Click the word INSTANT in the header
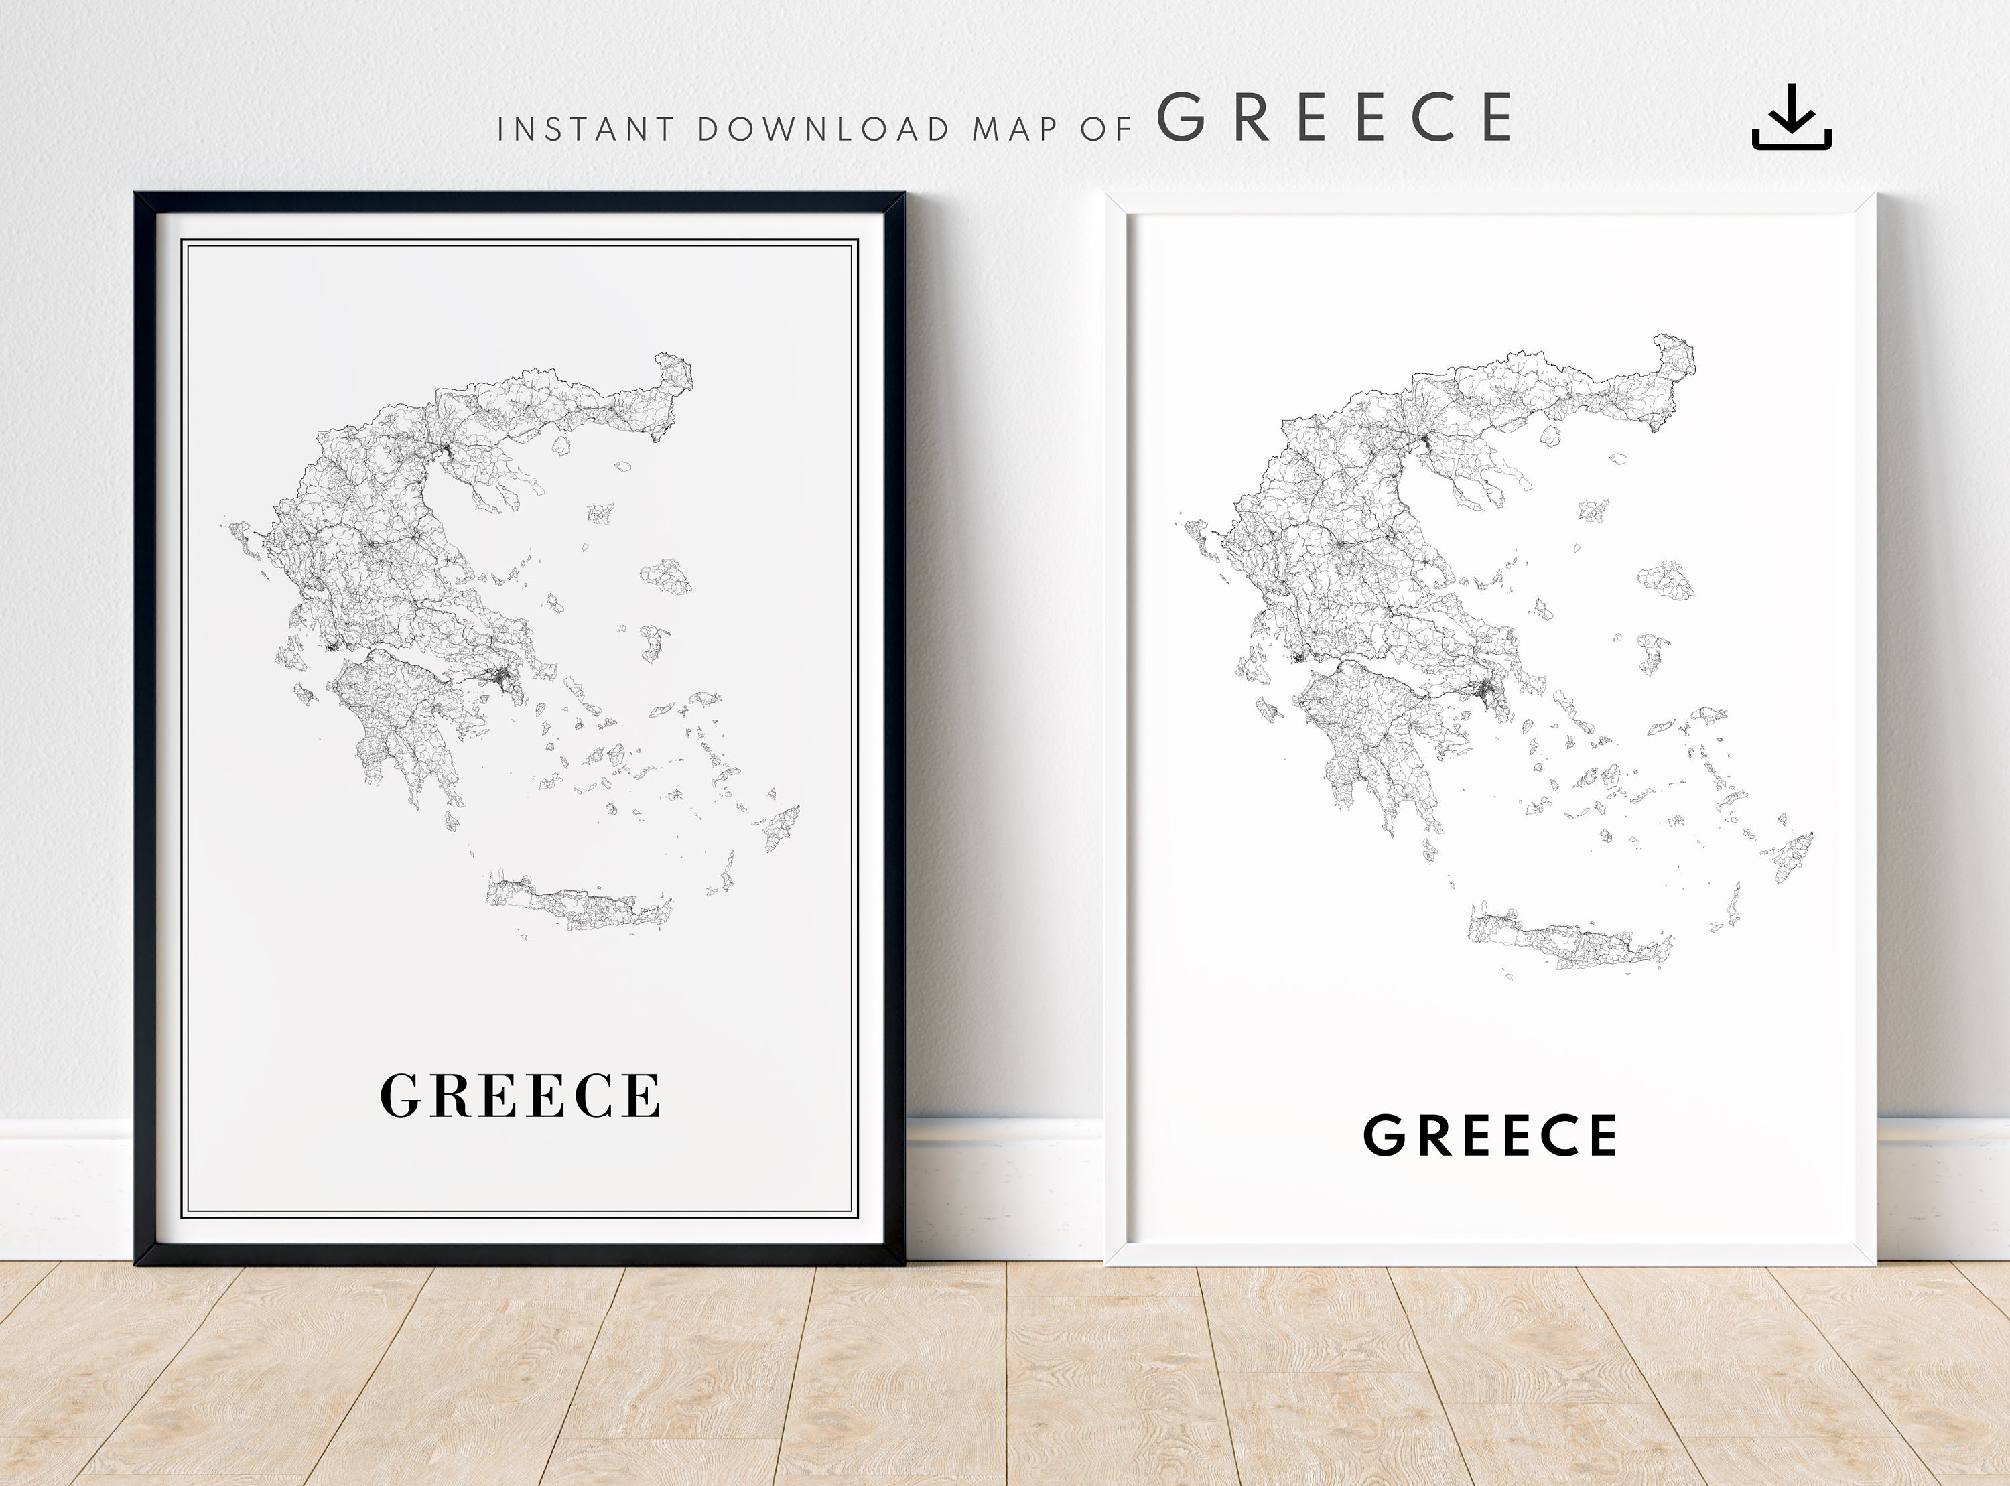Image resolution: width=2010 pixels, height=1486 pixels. tap(586, 129)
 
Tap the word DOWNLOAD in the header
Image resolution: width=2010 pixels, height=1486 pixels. tap(823, 129)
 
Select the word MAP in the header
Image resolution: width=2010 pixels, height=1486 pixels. tap(1014, 129)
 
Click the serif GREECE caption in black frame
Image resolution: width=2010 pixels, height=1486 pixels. tap(521, 1095)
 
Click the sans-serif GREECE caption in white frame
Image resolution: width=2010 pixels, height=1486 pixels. tap(1490, 1135)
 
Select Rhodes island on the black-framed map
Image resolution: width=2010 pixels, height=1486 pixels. tap(781, 827)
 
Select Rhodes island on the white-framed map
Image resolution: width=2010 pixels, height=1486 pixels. tap(1792, 856)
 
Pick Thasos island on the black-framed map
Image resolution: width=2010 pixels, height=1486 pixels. tap(562, 446)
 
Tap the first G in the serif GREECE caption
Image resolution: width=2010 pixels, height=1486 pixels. tap(401, 1095)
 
